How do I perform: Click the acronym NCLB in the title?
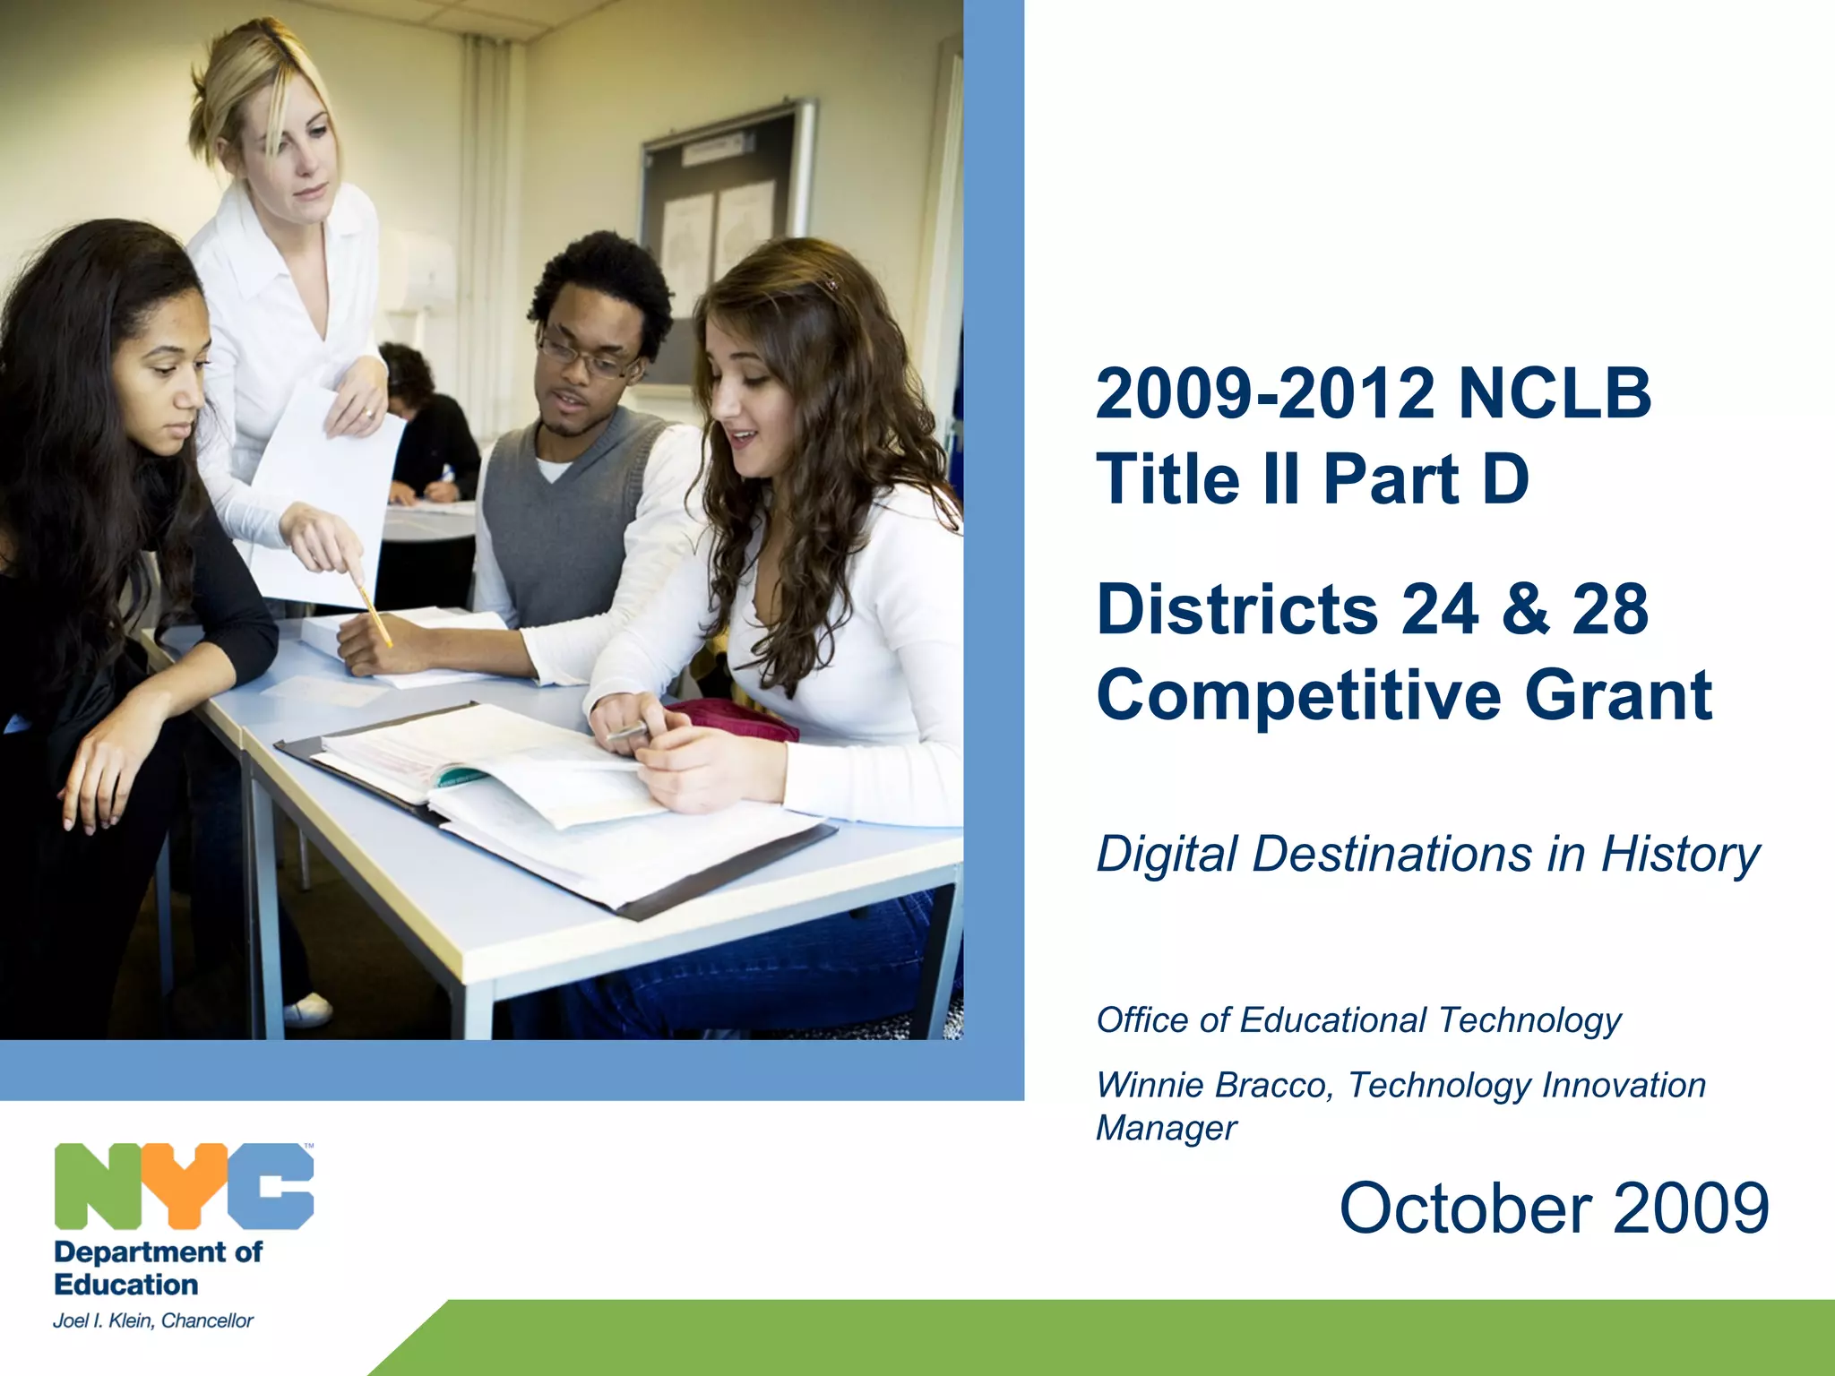pos(1554,393)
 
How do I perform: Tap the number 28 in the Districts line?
pos(1610,609)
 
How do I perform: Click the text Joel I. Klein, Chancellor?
pos(153,1320)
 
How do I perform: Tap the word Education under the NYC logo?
pos(126,1285)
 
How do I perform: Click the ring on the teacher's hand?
pos(369,414)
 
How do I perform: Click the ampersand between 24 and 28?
pos(1525,609)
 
